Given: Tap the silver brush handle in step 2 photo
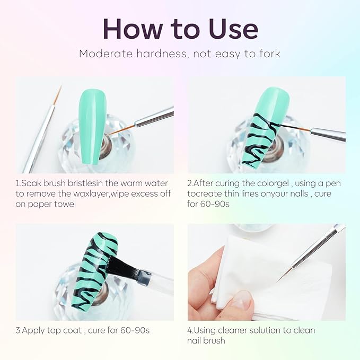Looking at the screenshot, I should click(x=328, y=133).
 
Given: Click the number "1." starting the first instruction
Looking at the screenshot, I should click(x=19, y=183).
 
